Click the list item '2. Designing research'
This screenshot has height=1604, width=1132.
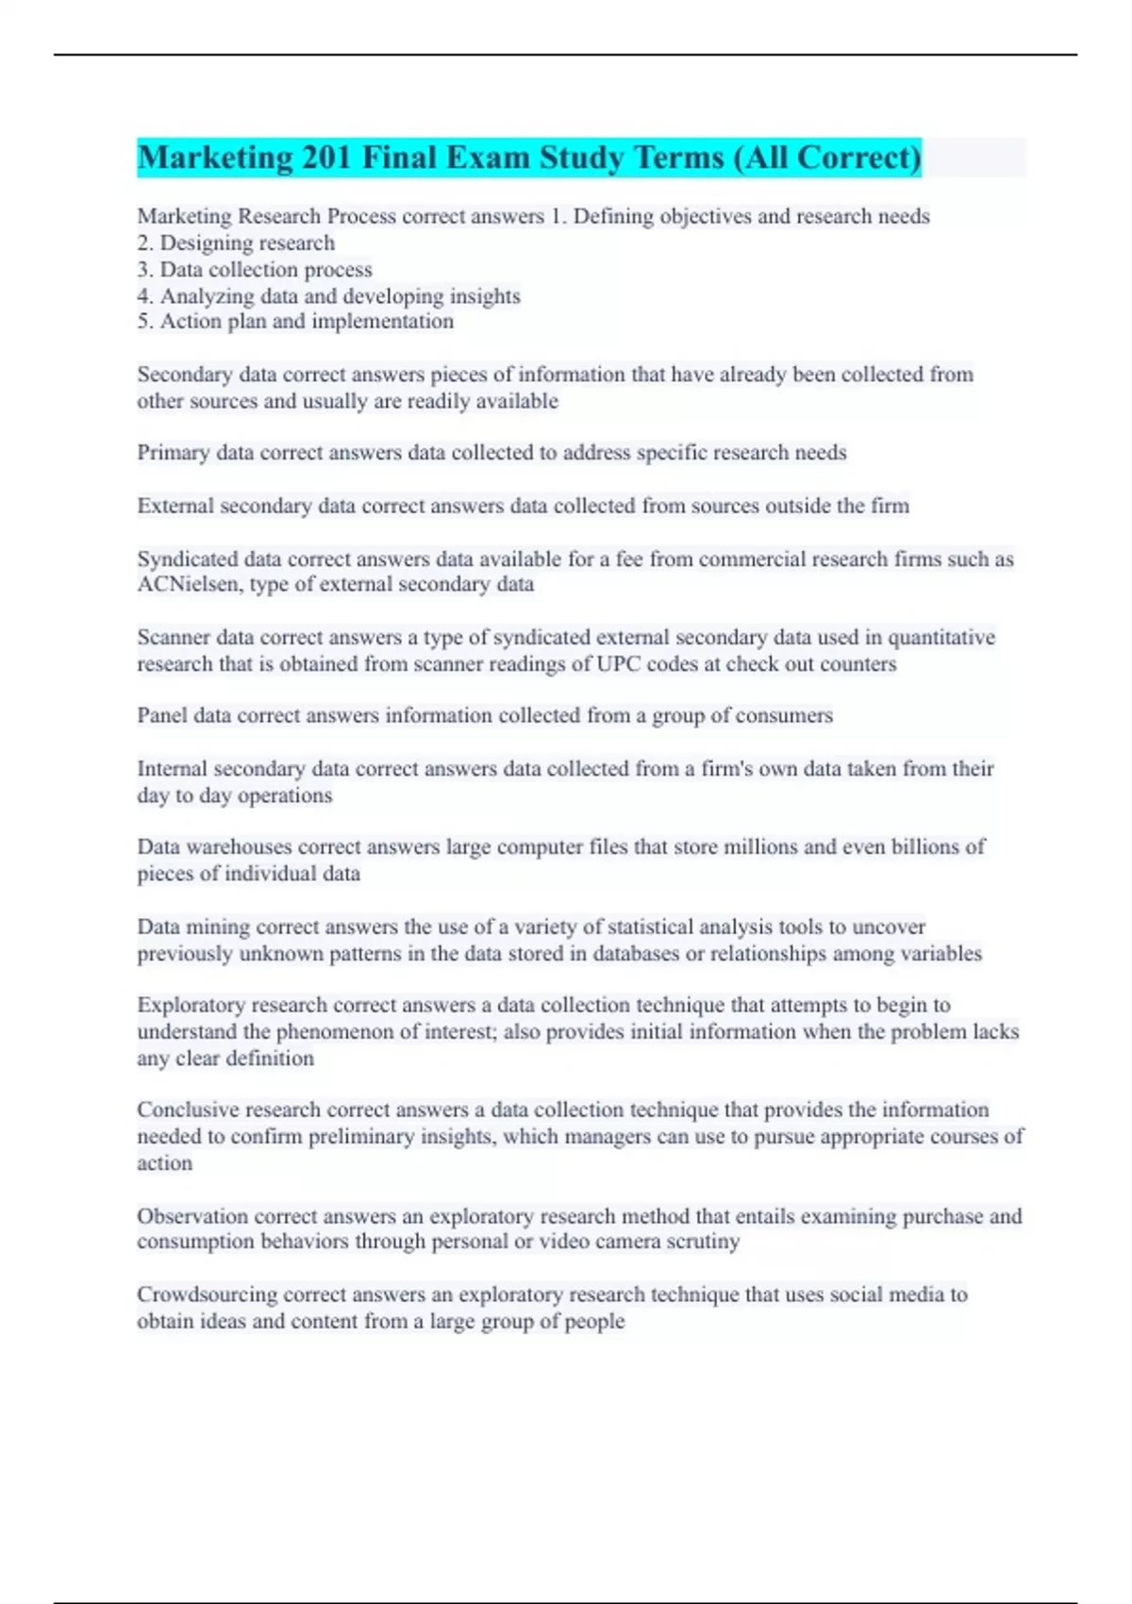[x=236, y=243]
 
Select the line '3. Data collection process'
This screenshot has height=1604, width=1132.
[x=255, y=270]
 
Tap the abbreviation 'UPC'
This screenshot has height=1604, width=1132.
[x=619, y=664]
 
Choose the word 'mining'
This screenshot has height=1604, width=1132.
[x=218, y=927]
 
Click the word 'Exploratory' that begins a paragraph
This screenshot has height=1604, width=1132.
[x=191, y=1006]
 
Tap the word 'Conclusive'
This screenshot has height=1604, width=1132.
[x=188, y=1111]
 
